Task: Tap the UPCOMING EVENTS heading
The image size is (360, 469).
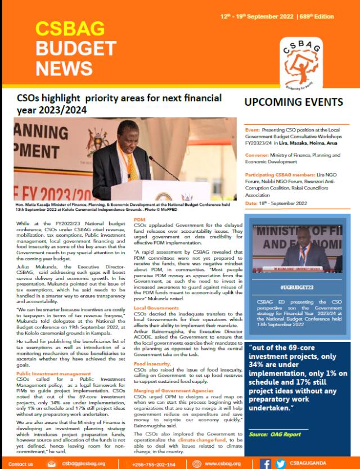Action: tap(293, 102)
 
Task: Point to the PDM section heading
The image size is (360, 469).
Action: tap(139, 219)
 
